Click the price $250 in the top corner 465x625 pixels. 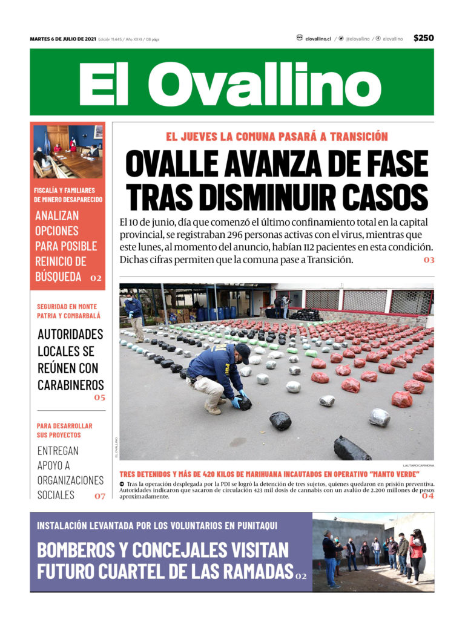pos(423,38)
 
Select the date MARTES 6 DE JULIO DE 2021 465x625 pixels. pos(63,39)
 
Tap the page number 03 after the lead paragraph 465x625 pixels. pos(429,260)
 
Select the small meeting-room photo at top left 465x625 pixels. pos(68,152)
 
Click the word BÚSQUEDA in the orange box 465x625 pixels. pos(58,277)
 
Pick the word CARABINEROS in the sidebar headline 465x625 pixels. pos(70,385)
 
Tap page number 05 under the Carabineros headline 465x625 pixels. pos(99,398)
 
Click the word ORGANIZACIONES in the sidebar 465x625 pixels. pos(70,480)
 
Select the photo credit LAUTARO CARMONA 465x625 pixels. pos(418,465)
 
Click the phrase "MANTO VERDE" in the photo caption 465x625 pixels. pos(391,474)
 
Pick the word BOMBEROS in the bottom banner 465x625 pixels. pos(75,550)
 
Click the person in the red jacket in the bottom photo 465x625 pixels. pos(416,554)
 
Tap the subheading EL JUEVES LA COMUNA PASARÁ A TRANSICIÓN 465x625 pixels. pos(277,137)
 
